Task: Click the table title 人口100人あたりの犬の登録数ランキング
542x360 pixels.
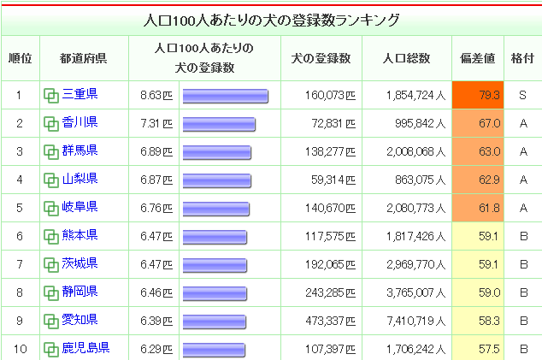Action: tap(270, 19)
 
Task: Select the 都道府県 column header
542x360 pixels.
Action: tap(83, 58)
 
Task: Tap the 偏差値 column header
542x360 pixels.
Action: tap(478, 58)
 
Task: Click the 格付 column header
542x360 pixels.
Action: tap(521, 58)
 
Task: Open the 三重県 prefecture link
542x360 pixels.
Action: tap(80, 95)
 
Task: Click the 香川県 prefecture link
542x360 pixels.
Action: tap(80, 123)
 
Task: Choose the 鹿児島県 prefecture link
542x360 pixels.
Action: tap(85, 348)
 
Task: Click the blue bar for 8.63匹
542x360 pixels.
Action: tap(225, 95)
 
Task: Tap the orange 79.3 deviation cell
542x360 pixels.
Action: tap(478, 95)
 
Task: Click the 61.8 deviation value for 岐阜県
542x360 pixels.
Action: tap(478, 208)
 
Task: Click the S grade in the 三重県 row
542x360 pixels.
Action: tap(521, 95)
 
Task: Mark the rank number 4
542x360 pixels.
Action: tap(19, 180)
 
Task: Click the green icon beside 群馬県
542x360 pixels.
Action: tap(50, 152)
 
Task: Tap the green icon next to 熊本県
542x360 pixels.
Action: tap(50, 236)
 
